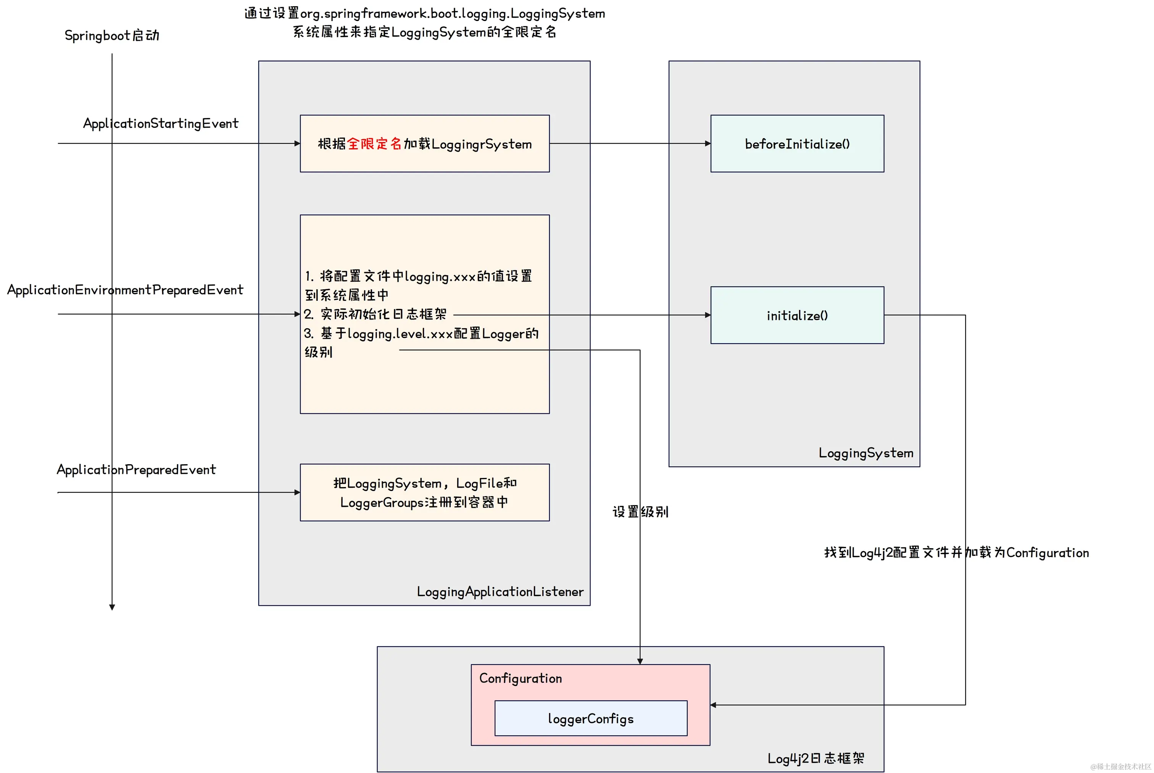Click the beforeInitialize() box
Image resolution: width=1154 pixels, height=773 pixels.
(x=797, y=144)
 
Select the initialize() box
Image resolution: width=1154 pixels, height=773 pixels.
(x=797, y=315)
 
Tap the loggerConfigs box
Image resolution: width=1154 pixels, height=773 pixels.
(x=590, y=718)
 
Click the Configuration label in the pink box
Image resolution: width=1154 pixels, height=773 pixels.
(x=521, y=678)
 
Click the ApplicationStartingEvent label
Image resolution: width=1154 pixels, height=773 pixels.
(x=161, y=123)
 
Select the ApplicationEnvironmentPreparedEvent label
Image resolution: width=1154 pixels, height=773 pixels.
(x=125, y=290)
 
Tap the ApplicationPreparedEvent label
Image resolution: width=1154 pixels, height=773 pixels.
(x=136, y=469)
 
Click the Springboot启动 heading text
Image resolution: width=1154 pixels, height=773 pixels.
(x=112, y=36)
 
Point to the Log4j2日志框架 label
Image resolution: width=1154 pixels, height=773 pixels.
(x=816, y=758)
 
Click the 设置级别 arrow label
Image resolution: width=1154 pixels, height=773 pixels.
(x=640, y=512)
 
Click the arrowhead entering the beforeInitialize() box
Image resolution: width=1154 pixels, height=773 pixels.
(x=708, y=144)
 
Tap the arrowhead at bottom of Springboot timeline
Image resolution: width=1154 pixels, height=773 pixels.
(x=112, y=607)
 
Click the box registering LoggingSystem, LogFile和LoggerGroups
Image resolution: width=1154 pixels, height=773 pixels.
(x=424, y=492)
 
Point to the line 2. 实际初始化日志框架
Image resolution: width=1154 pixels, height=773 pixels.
(x=375, y=314)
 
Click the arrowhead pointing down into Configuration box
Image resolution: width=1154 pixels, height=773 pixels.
(x=640, y=661)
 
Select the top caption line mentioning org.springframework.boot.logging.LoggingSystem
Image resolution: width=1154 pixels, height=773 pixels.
(x=424, y=13)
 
